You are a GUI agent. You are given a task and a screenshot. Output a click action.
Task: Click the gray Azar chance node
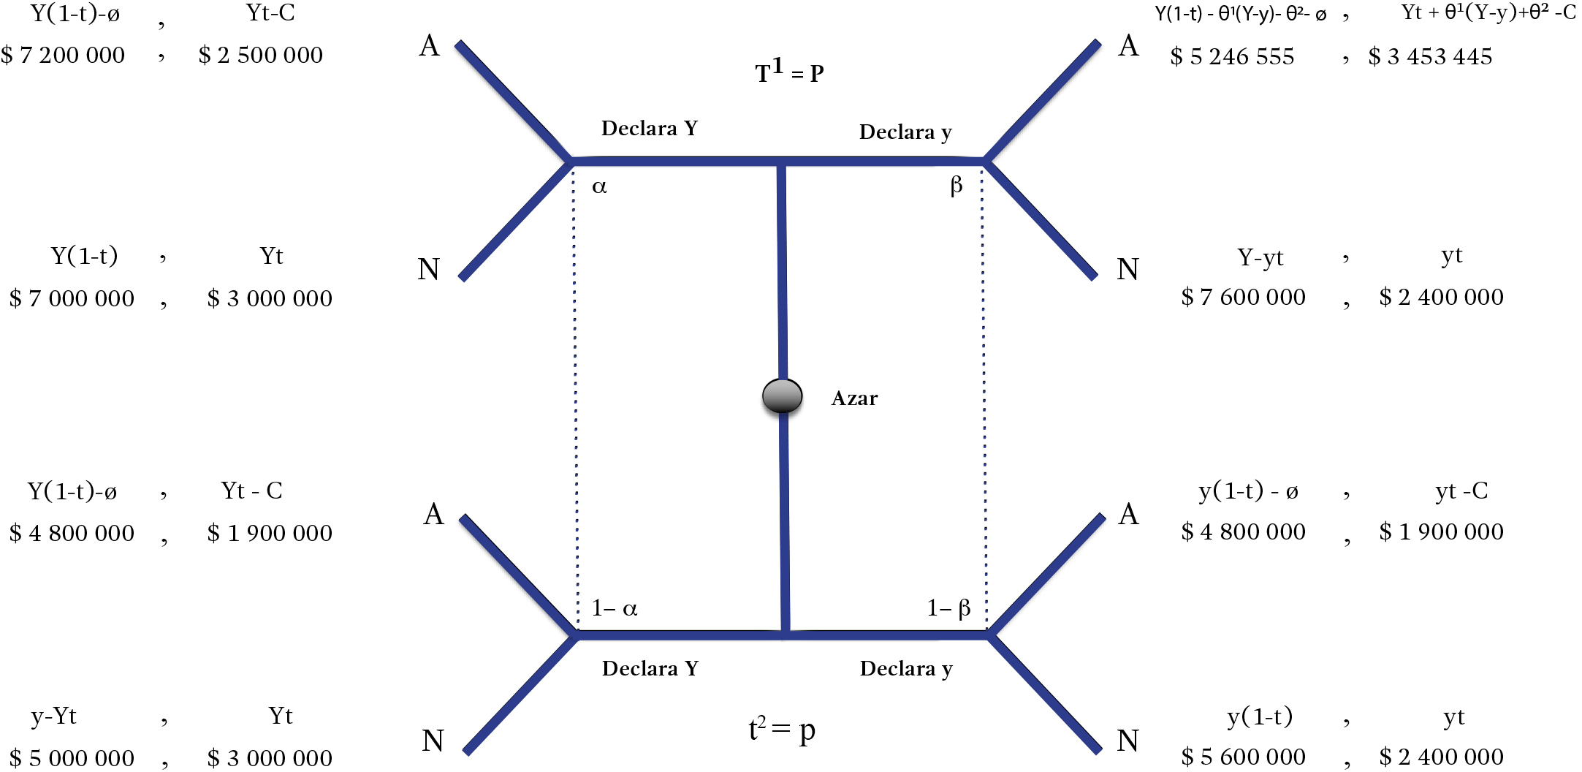[x=782, y=396]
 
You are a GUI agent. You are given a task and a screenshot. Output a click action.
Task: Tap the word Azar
[x=854, y=398]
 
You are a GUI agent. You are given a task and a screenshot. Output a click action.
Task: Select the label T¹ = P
[x=789, y=72]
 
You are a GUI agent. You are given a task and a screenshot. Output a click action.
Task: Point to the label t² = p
[x=781, y=729]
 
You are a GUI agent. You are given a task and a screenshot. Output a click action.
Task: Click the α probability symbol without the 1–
[x=599, y=187]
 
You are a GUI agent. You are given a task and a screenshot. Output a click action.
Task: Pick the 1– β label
[x=948, y=608]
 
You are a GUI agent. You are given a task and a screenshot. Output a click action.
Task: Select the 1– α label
[x=615, y=608]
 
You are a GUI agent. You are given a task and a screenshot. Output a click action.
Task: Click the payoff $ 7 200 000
[x=63, y=55]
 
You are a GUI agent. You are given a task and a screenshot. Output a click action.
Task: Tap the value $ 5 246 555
[x=1232, y=56]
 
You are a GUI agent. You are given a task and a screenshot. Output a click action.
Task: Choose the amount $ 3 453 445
[x=1430, y=56]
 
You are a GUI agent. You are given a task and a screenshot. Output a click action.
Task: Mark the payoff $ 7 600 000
[x=1243, y=297]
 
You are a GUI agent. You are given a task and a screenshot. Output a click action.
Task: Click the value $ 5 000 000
[x=72, y=757]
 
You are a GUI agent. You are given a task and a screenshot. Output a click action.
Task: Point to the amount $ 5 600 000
[x=1243, y=757]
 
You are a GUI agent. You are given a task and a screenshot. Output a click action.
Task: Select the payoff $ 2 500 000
[x=260, y=55]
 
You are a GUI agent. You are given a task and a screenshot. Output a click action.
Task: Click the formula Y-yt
[x=1260, y=257]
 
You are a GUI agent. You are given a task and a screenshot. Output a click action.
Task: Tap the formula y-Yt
[x=53, y=716]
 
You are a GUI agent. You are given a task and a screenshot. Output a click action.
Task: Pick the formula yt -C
[x=1461, y=491]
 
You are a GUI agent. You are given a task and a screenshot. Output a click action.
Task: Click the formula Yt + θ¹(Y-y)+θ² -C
[x=1488, y=13]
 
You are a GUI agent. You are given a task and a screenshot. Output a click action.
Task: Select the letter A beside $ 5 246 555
[x=1129, y=46]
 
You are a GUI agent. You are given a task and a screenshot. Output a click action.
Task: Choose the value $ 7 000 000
[x=72, y=298]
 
